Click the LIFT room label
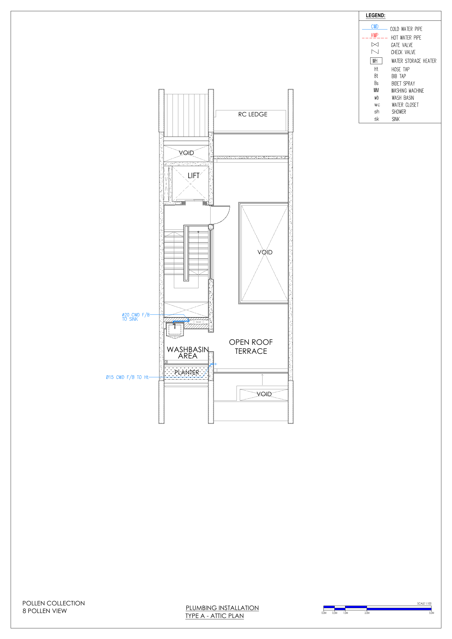(x=193, y=176)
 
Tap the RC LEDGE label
(x=253, y=114)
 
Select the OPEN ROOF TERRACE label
(x=251, y=346)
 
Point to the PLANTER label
(x=186, y=372)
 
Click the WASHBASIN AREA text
(x=188, y=353)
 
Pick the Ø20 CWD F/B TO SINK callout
(x=136, y=317)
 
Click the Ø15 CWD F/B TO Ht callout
(x=127, y=377)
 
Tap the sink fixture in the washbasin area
(x=175, y=330)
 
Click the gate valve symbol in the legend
(x=375, y=45)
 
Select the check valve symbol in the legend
(x=375, y=52)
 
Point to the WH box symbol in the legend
(x=376, y=61)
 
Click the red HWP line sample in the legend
(x=375, y=38)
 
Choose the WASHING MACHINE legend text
(x=407, y=91)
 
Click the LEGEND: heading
(x=375, y=16)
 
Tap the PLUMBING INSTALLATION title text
(x=222, y=608)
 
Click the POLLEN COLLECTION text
(x=54, y=603)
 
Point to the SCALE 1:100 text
(x=424, y=603)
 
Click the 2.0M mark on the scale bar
(x=367, y=613)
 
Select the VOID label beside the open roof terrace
(x=265, y=252)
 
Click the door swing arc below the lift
(x=224, y=218)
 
